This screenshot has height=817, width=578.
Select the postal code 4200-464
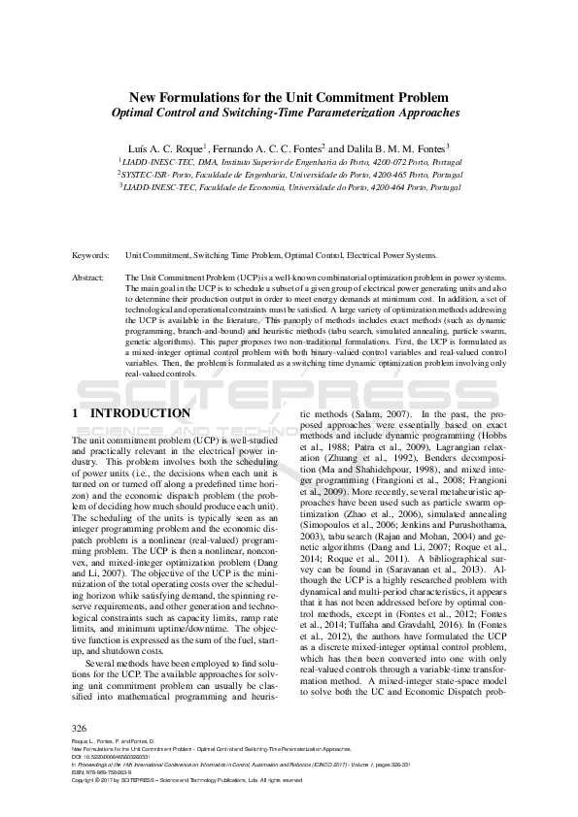tap(396, 186)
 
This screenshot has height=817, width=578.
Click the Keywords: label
tap(90, 255)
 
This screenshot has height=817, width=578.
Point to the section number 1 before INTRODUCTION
tap(76, 413)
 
